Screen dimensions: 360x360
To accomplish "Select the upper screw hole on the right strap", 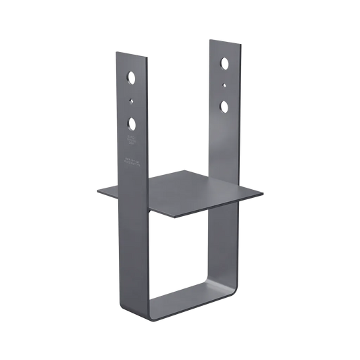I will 224,65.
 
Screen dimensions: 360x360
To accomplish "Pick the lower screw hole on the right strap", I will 224,105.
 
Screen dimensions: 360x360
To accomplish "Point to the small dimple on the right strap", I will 224,85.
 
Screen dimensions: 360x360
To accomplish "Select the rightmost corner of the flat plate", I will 263,196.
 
